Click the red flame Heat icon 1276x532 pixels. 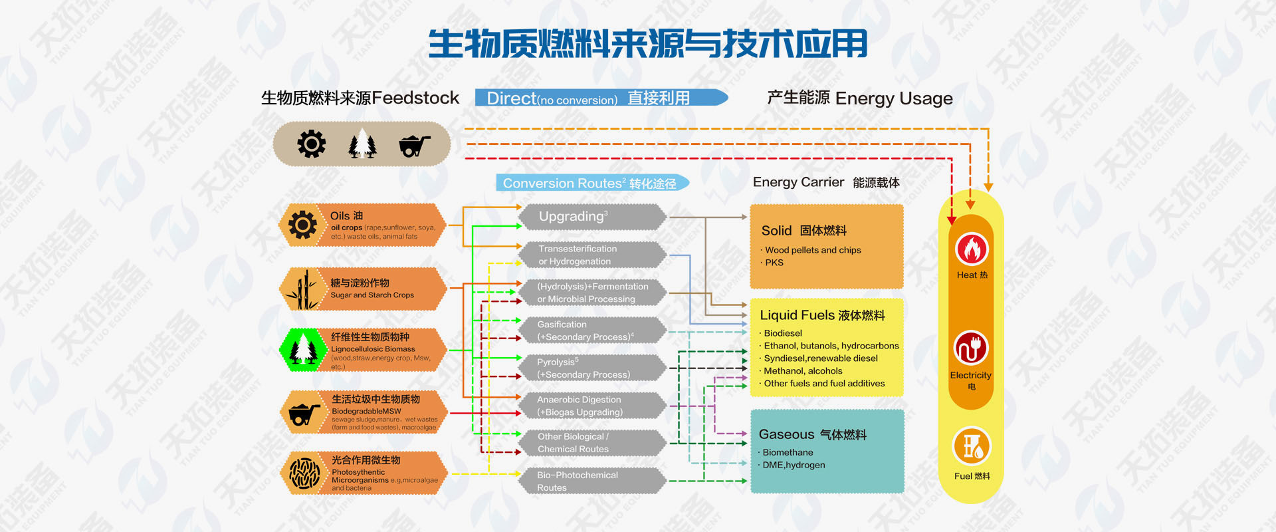[x=972, y=250]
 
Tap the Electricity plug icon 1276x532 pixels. [x=971, y=348]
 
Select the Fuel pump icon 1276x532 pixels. [x=972, y=446]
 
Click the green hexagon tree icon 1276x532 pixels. [x=303, y=349]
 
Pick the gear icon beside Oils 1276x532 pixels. [x=302, y=225]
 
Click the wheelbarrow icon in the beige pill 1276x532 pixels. [x=414, y=145]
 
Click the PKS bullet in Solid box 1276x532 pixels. [x=774, y=263]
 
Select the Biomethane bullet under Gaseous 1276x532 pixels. [x=788, y=452]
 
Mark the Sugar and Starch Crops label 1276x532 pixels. [x=372, y=295]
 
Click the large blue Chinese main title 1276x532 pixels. [x=647, y=44]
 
